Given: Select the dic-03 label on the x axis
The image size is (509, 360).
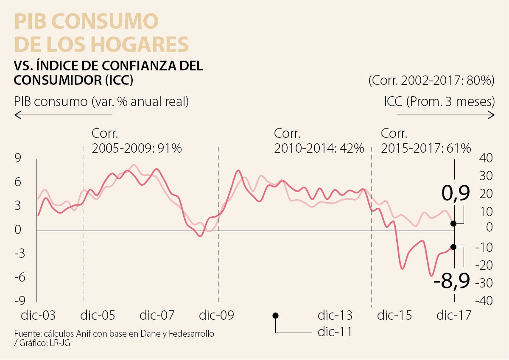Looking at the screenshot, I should (39, 315).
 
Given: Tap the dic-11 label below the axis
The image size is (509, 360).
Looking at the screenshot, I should (335, 332).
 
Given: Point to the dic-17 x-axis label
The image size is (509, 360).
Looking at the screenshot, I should (454, 315).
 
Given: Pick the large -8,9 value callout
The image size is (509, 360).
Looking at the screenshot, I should (452, 280).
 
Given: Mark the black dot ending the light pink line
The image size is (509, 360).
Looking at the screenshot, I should (453, 223).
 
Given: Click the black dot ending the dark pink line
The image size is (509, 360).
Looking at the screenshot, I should (453, 247).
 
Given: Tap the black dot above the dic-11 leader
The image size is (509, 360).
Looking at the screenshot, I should (275, 315).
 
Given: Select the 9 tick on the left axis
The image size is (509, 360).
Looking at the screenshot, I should (19, 158).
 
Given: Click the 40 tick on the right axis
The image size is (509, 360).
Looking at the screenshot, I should (486, 158).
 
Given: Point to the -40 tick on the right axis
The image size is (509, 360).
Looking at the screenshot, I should (484, 301).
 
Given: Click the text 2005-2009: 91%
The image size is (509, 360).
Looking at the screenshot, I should (137, 148).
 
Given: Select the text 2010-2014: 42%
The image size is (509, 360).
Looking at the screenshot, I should (319, 148).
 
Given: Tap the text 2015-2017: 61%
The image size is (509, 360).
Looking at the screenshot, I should (426, 148).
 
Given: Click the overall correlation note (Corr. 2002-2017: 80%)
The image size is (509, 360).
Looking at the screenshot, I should (432, 81).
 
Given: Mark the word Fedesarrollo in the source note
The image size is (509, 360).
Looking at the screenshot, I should (191, 334).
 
